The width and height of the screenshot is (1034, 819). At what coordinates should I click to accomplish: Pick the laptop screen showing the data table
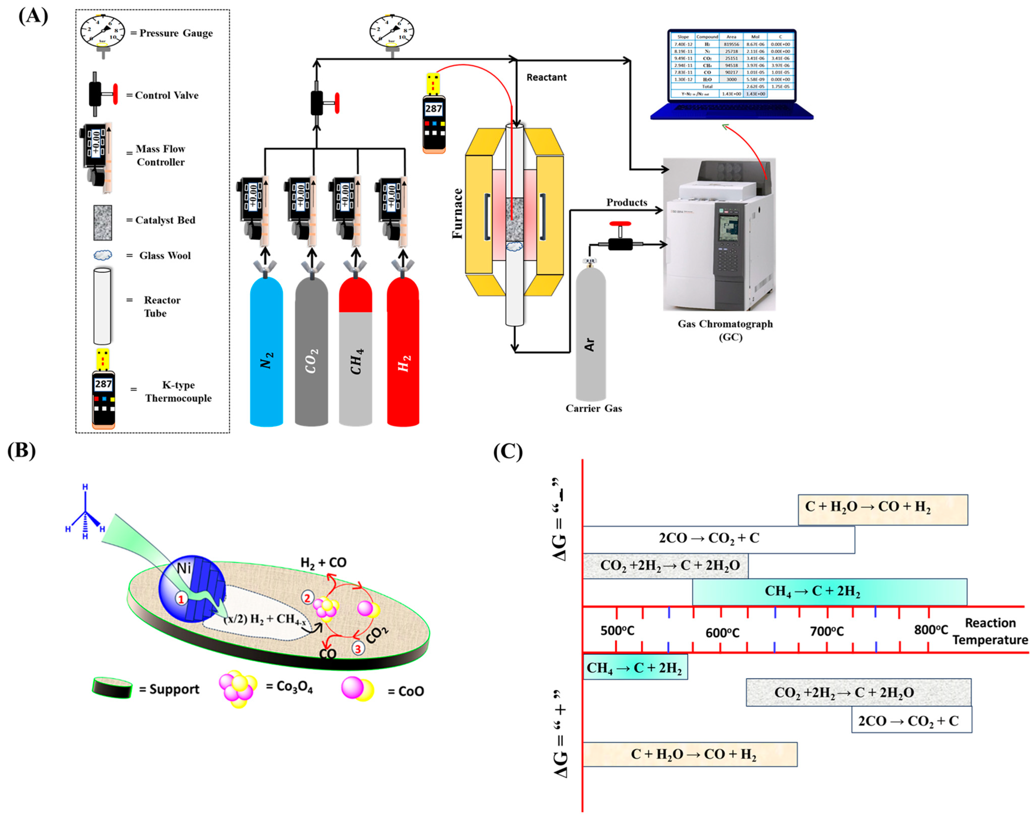pyautogui.click(x=732, y=65)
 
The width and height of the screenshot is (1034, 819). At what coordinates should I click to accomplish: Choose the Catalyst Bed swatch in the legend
pyautogui.click(x=103, y=222)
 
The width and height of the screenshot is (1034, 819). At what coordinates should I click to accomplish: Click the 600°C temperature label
pyautogui.click(x=722, y=633)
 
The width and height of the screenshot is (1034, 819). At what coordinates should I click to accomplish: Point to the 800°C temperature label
pyautogui.click(x=931, y=630)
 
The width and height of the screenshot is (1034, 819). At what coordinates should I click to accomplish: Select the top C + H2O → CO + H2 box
pyautogui.click(x=883, y=510)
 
